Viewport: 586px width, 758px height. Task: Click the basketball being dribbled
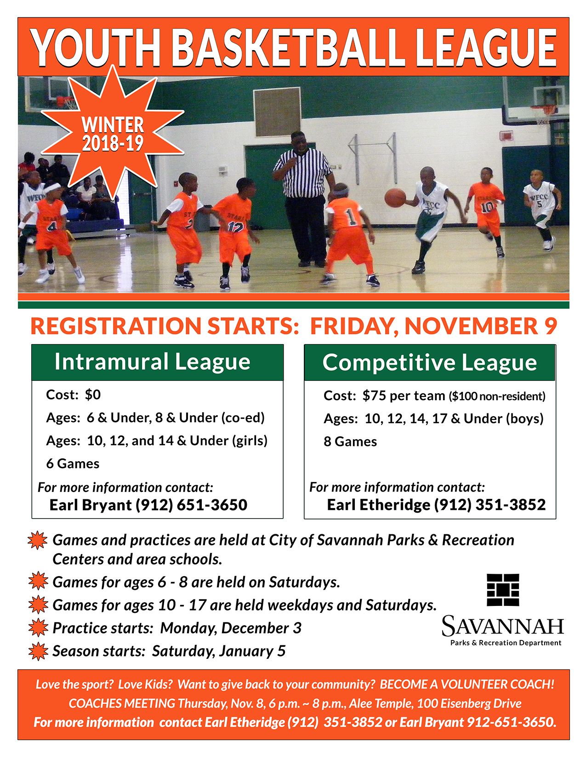point(395,197)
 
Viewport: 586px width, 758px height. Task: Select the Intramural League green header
point(157,362)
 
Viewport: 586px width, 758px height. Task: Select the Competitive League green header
point(430,362)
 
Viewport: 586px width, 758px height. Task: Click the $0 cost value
point(92,395)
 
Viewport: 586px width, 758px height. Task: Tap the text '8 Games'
point(350,441)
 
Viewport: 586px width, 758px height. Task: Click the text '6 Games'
point(73,463)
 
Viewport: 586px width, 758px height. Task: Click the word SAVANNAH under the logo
point(502,626)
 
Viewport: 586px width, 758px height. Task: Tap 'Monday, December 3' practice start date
point(231,628)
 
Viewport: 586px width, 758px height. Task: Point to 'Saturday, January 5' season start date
point(219,651)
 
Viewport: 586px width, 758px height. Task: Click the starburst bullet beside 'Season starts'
point(38,651)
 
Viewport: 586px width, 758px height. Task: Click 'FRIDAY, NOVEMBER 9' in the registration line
point(433,326)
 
